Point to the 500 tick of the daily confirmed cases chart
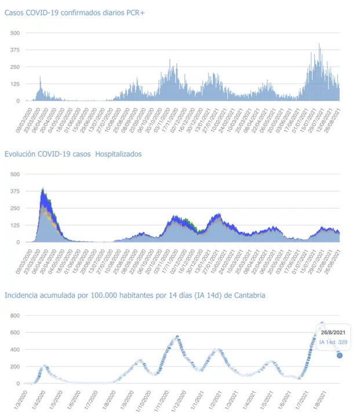(x=15, y=33)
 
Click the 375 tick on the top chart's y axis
(x=15, y=50)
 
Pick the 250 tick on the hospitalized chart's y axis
(x=15, y=209)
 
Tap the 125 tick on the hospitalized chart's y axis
(x=15, y=225)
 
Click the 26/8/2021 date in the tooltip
(x=334, y=332)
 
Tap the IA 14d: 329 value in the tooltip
(x=333, y=342)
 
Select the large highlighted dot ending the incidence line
(x=340, y=355)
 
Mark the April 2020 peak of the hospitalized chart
(x=43, y=189)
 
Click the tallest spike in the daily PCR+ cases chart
(x=319, y=45)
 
